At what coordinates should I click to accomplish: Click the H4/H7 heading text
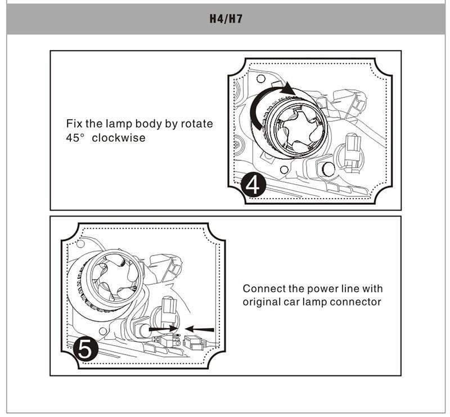[x=226, y=19]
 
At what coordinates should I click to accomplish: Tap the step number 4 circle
[x=254, y=185]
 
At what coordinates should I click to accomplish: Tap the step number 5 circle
[x=85, y=349]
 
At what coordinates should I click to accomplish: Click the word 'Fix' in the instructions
[x=74, y=123]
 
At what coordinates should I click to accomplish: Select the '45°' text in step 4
[x=76, y=137]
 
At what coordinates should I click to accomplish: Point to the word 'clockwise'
[x=119, y=137]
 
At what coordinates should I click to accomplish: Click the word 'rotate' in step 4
[x=197, y=124]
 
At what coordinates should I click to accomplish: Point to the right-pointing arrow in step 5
[x=164, y=329]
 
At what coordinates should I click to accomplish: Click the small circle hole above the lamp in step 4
[x=260, y=78]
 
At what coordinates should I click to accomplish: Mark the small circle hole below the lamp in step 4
[x=284, y=169]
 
